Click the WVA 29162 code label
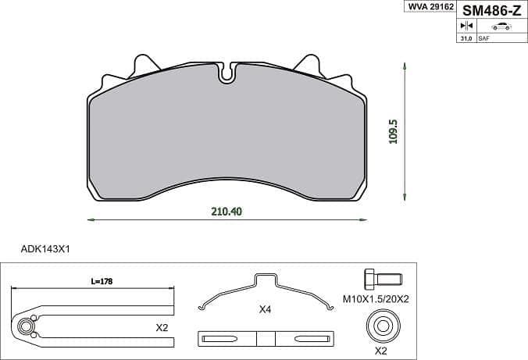[x=431, y=6]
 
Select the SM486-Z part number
[x=491, y=11]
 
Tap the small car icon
[x=501, y=27]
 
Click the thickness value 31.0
[x=466, y=38]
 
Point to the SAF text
[x=484, y=38]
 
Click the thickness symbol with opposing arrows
[x=467, y=26]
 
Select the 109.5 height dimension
[x=393, y=132]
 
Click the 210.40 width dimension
[x=227, y=212]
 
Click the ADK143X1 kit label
[x=45, y=249]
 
